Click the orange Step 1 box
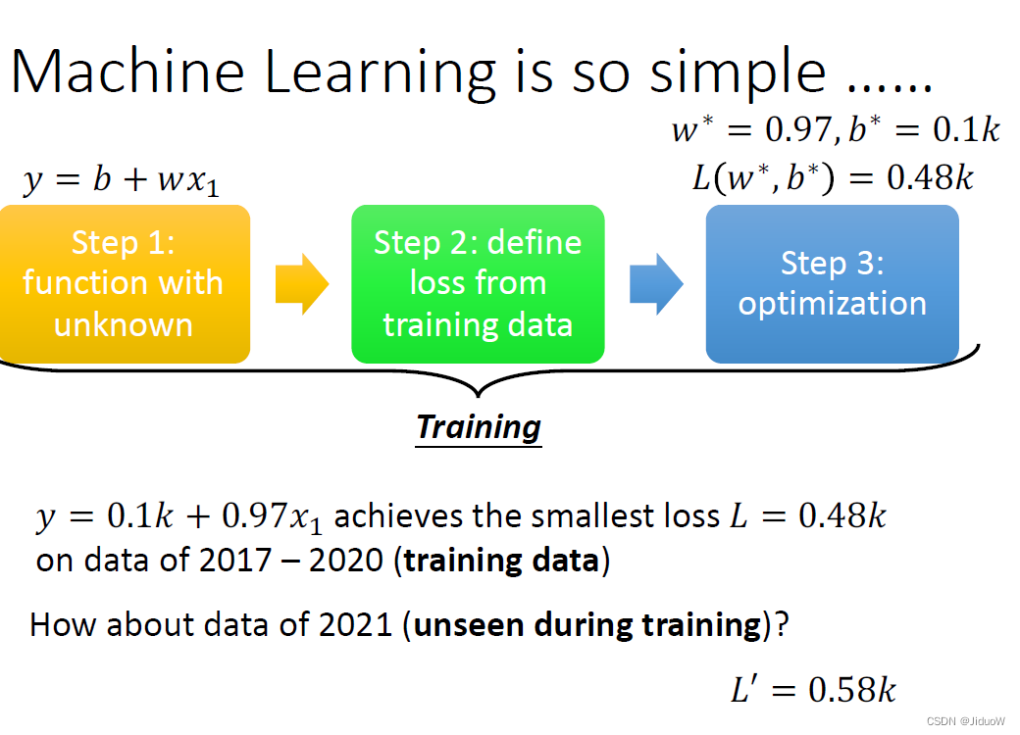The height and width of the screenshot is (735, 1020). pyautogui.click(x=125, y=284)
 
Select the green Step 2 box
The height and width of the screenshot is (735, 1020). pyautogui.click(x=478, y=284)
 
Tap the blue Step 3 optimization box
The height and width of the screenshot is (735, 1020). pyautogui.click(x=832, y=284)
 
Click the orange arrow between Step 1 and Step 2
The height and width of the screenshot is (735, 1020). pyautogui.click(x=302, y=284)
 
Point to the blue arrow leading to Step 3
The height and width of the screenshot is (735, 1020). pyautogui.click(x=656, y=284)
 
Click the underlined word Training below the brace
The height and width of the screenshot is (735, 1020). pyautogui.click(x=479, y=428)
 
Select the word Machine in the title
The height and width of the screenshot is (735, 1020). pyautogui.click(x=128, y=72)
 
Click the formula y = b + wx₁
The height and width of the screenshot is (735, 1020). pyautogui.click(x=121, y=180)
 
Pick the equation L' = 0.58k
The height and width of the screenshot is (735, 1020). pyautogui.click(x=813, y=689)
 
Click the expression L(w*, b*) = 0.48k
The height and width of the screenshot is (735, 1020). pyautogui.click(x=833, y=177)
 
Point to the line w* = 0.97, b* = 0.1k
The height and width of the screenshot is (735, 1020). pyautogui.click(x=836, y=128)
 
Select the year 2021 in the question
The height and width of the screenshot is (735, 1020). pyautogui.click(x=356, y=624)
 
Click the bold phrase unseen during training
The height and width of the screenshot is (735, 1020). pyautogui.click(x=587, y=625)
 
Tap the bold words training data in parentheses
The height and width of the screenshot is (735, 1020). pyautogui.click(x=501, y=561)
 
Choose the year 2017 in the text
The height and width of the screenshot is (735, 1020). pyautogui.click(x=234, y=561)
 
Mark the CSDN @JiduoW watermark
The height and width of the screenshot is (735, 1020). pyautogui.click(x=965, y=720)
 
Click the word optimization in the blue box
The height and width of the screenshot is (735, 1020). pyautogui.click(x=832, y=304)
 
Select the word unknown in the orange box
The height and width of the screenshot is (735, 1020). pyautogui.click(x=124, y=324)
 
